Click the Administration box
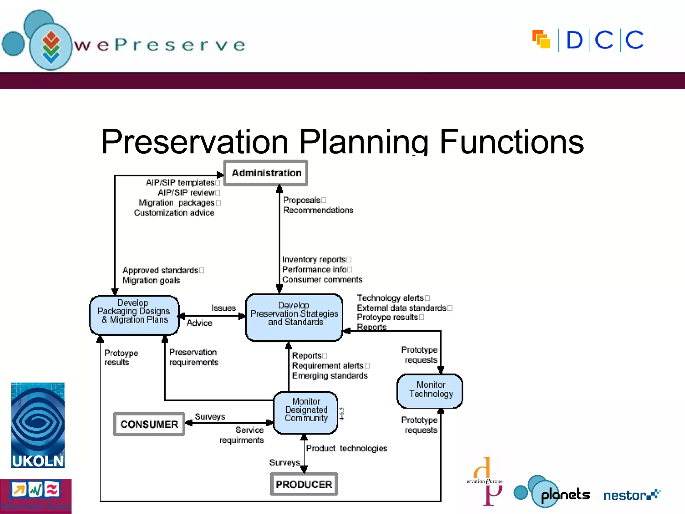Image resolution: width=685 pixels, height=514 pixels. pos(266,173)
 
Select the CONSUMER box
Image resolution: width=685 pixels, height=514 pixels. pos(149,424)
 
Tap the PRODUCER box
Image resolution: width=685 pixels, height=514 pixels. pos(304,484)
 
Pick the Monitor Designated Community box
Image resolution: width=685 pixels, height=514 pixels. pos(306,412)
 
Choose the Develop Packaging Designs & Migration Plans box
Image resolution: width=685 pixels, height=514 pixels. pos(134,315)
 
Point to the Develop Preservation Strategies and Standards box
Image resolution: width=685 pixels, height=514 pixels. pos(294,317)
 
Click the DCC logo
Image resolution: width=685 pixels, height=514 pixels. pos(588,40)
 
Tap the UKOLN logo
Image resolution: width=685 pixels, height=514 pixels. pos(38,425)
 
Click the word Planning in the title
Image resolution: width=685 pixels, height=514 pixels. pos(363,142)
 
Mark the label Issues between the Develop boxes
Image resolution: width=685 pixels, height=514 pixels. pos(223,308)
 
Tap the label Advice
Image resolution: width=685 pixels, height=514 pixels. pos(199,323)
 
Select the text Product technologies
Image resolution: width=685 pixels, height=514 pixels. pos(347,448)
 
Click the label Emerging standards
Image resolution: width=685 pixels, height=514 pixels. pos(329,375)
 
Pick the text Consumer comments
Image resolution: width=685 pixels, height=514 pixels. pos(322,279)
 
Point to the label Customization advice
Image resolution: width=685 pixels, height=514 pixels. pos(174,212)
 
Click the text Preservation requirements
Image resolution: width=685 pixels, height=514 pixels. pos(194,357)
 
